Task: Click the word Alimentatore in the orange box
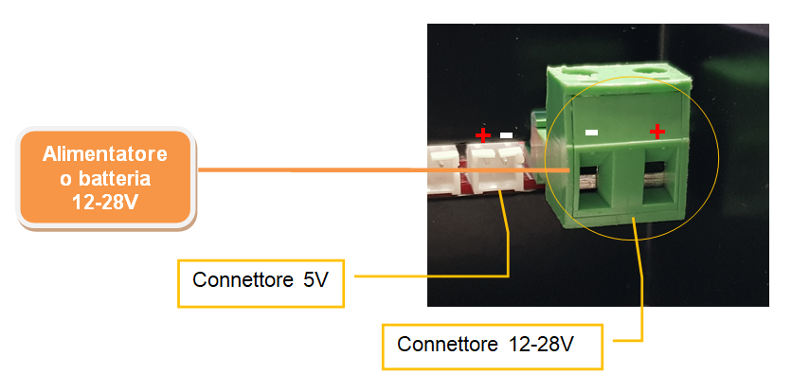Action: pos(104,154)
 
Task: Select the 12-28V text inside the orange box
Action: pos(104,203)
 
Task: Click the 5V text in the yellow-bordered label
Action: pos(315,280)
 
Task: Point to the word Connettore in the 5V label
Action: pos(243,280)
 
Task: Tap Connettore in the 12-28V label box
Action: pos(447,345)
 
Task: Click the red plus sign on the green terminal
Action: pos(657,132)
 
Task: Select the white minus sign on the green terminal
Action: pos(591,133)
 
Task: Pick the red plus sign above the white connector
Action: pos(483,134)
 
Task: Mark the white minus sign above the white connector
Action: pos(506,135)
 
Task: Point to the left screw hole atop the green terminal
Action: pos(580,75)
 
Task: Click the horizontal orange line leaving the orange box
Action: pos(384,170)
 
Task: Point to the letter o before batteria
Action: pos(66,180)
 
